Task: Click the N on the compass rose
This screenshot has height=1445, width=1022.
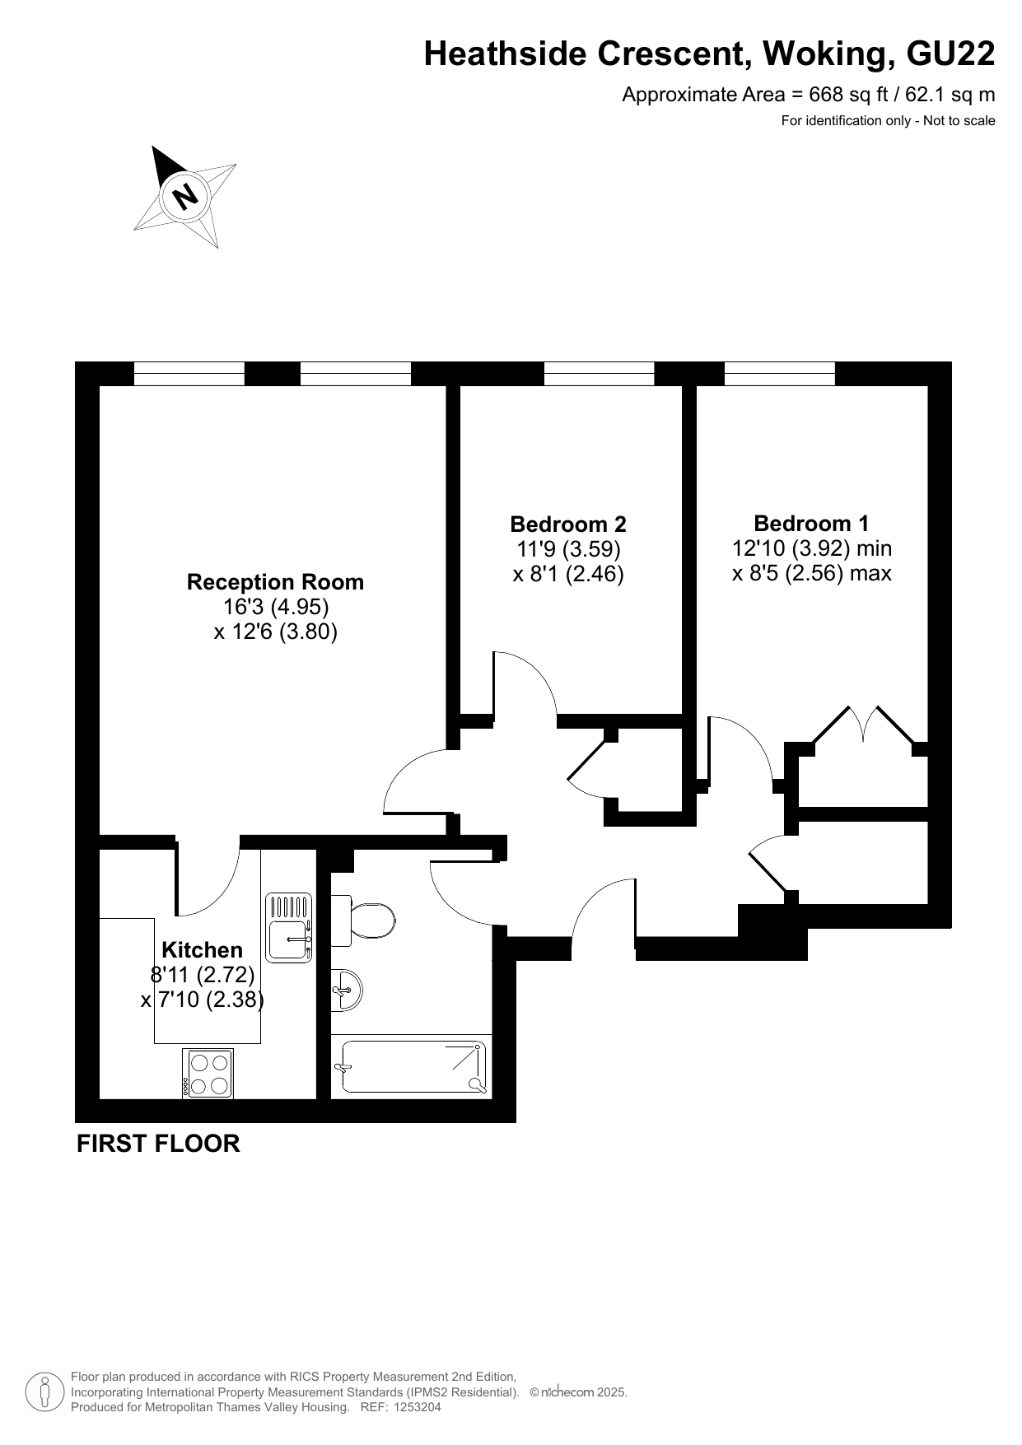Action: pos(186,196)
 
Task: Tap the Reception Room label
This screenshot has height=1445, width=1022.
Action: pos(275,582)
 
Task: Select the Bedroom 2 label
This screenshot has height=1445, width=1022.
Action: pos(568,524)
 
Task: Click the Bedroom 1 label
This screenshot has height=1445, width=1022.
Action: pos(811,523)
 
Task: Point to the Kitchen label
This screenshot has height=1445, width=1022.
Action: pos(202,949)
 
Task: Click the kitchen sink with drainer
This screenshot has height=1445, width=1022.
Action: pos(289,927)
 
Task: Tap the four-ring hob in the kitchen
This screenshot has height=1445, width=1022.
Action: pos(208,1074)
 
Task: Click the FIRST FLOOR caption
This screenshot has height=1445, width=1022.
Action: pos(158,1144)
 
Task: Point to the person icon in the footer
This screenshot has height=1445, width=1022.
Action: pos(45,1391)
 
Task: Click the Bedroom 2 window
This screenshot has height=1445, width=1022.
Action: pos(600,374)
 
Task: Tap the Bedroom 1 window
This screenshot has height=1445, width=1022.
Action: pos(780,374)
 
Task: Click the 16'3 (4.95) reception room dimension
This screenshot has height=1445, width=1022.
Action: pos(275,607)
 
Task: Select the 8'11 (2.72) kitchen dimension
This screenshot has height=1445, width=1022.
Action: pos(203,975)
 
